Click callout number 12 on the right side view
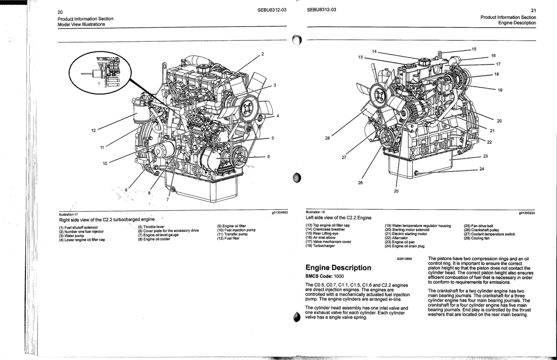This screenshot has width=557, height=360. [x=93, y=131]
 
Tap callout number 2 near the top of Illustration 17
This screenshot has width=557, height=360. [x=263, y=54]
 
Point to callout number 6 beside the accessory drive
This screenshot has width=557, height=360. [x=268, y=157]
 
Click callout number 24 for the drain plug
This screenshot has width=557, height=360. [x=482, y=170]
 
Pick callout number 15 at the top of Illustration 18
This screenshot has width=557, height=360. [x=474, y=48]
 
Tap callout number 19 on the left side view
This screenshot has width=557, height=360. [x=500, y=90]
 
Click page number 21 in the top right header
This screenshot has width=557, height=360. [x=533, y=10]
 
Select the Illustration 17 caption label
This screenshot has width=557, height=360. [x=68, y=215]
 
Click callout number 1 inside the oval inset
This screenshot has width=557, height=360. [x=98, y=84]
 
